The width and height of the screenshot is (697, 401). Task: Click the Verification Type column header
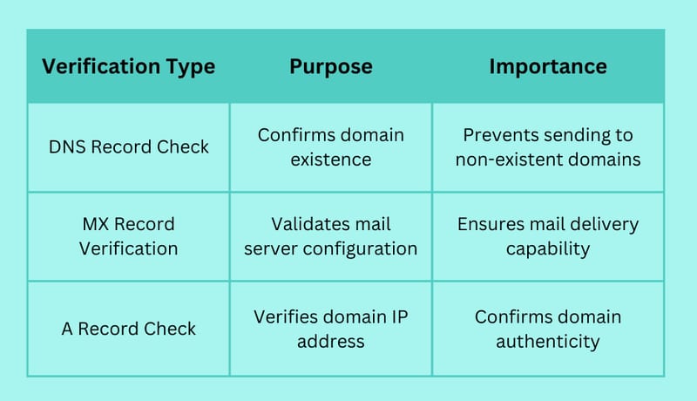128,67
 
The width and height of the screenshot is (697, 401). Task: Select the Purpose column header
331,67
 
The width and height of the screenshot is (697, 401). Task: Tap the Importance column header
548,67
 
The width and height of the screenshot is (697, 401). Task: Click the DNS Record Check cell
128,147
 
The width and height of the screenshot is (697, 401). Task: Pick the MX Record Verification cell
128,236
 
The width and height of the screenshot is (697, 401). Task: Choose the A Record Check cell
128,329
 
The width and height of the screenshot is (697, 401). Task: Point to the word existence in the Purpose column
331,160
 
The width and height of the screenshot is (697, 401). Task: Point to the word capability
548,249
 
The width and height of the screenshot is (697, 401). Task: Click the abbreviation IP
400,317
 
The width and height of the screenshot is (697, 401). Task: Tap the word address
331,342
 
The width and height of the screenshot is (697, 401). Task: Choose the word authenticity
548,342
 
